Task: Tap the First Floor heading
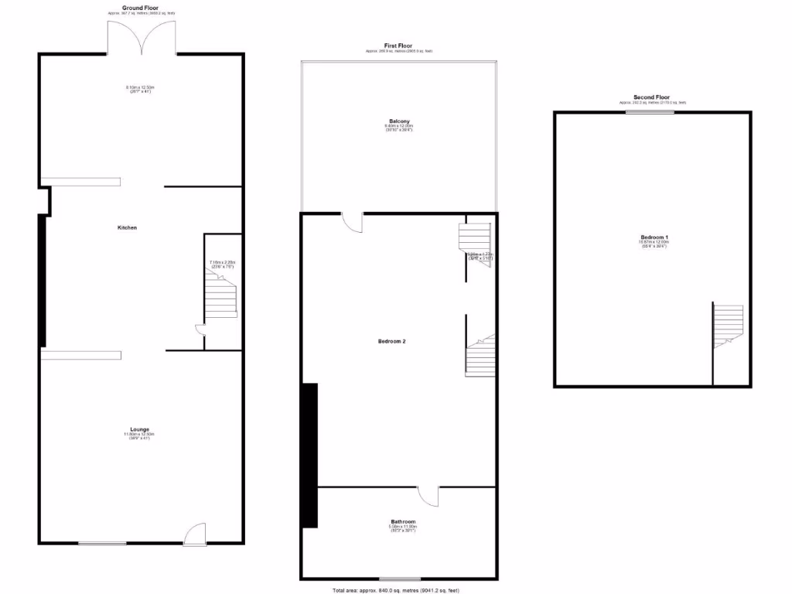(398, 46)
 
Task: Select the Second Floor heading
(651, 97)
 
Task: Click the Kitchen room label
(127, 227)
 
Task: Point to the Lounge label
(139, 429)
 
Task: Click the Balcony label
(399, 121)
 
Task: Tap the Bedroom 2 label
(392, 341)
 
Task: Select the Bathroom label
(403, 521)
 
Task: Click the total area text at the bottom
(395, 590)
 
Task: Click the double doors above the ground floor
(142, 37)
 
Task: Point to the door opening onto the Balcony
(353, 222)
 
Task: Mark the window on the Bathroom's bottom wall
(400, 579)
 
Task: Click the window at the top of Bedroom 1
(650, 112)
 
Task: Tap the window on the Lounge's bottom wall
(101, 544)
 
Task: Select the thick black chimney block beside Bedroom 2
(309, 455)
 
